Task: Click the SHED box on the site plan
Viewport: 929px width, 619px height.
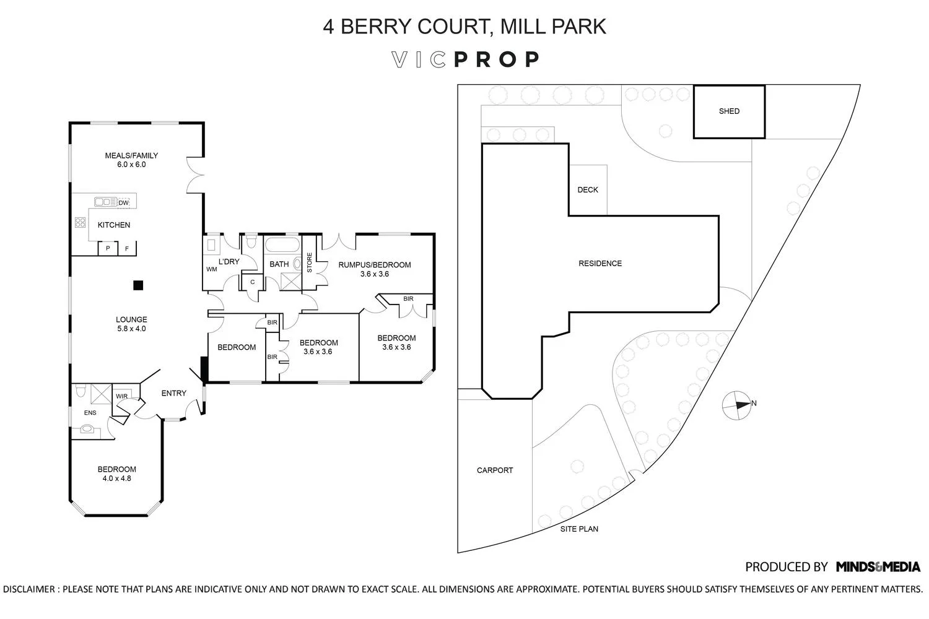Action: tap(729, 111)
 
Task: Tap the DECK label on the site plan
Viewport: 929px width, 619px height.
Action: tap(588, 190)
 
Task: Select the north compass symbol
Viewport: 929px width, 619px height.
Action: tap(736, 405)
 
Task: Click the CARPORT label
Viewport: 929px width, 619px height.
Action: tap(495, 470)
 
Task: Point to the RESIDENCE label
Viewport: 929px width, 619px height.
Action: tap(600, 264)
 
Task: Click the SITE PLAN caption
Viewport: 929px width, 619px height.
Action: tap(579, 529)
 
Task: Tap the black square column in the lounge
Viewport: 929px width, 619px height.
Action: tap(138, 285)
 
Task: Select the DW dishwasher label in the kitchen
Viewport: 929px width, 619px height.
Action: tap(123, 203)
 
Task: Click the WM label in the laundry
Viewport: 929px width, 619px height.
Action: tap(212, 269)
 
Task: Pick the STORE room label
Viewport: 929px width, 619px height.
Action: tap(309, 262)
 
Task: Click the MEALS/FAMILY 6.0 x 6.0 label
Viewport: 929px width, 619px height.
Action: tap(131, 160)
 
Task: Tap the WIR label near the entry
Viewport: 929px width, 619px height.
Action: tap(121, 396)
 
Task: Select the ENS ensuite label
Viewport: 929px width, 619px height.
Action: tap(90, 413)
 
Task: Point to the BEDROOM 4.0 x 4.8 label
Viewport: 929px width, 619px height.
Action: tap(116, 474)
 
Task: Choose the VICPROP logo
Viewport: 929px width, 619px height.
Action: tap(466, 59)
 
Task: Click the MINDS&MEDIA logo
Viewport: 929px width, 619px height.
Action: tap(878, 566)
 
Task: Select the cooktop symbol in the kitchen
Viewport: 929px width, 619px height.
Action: tap(80, 222)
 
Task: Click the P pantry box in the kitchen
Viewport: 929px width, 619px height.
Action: tap(108, 248)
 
